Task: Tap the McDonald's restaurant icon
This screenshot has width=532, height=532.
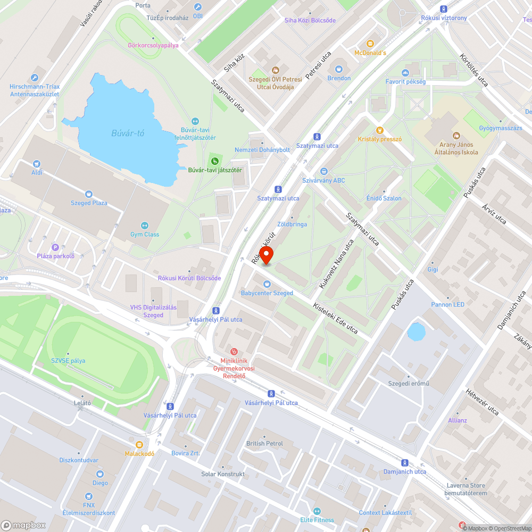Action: (370, 44)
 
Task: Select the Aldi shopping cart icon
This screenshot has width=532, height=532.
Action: (36, 164)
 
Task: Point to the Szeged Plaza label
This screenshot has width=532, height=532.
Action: (89, 203)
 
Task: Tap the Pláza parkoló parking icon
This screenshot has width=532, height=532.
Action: (55, 246)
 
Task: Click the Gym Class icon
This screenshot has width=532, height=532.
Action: (144, 226)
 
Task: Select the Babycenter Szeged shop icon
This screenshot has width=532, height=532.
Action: (267, 284)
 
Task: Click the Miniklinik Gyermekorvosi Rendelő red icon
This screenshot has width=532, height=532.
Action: (233, 351)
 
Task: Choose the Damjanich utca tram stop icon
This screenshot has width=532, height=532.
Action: (405, 462)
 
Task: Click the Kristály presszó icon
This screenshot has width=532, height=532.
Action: (379, 130)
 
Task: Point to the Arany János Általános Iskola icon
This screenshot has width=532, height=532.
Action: (456, 135)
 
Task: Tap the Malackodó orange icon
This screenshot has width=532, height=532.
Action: (139, 444)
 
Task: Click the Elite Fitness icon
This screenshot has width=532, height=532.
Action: (317, 511)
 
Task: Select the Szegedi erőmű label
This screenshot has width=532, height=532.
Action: (409, 384)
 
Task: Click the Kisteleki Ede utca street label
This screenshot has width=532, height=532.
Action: (335, 319)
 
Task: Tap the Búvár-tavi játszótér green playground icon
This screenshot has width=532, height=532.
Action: (215, 161)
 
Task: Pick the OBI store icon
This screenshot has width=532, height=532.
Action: (198, 7)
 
